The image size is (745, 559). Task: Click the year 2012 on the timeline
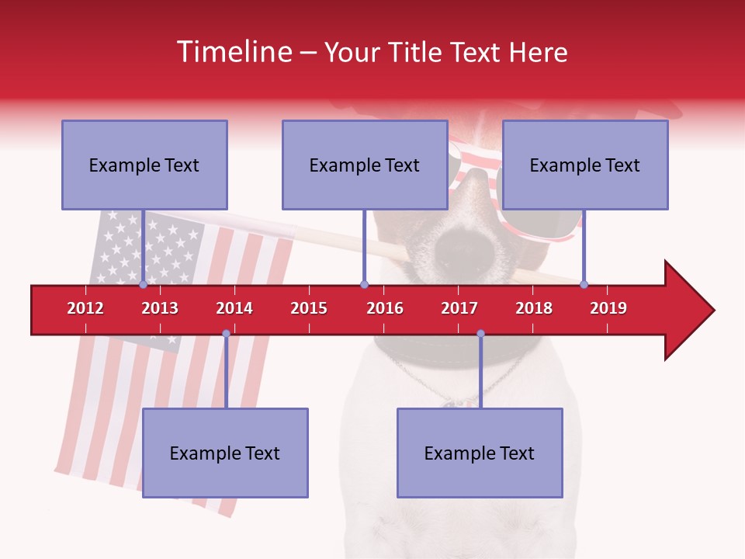[85, 308]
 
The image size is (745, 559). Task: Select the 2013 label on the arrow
[160, 308]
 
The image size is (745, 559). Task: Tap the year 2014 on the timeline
[234, 308]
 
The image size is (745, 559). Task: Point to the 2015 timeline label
[309, 308]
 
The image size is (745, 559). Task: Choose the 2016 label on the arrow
[385, 308]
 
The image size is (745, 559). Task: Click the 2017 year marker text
[459, 308]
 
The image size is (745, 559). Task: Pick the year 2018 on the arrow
[534, 308]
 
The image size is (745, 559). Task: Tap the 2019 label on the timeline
[608, 308]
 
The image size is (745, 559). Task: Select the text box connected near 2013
[144, 165]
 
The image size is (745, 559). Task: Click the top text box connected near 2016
[365, 165]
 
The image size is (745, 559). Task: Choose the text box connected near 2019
[585, 165]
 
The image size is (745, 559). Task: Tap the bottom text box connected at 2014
[225, 453]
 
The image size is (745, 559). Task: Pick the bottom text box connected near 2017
[480, 453]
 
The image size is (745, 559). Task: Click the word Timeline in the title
[233, 52]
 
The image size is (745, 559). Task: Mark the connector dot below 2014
[226, 334]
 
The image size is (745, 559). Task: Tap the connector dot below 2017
[480, 334]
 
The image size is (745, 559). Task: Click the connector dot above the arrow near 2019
[584, 284]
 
